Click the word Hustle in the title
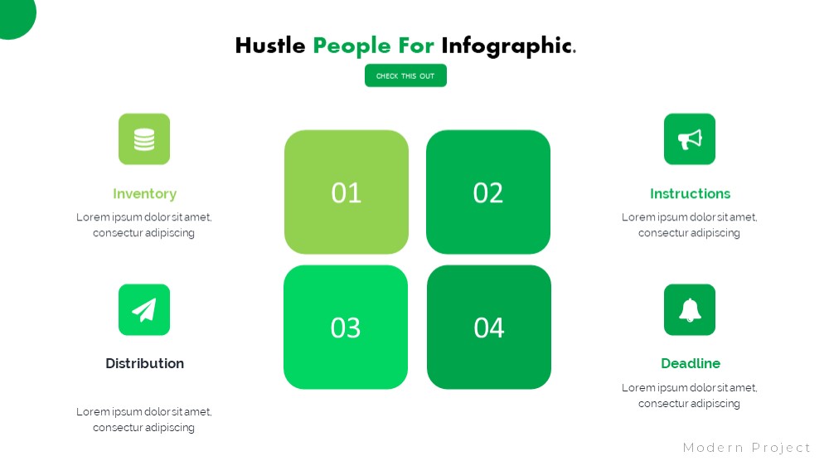coord(270,46)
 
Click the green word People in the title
coord(351,46)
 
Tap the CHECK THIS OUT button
coord(405,75)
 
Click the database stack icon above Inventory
coord(144,139)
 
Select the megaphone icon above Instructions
coord(690,139)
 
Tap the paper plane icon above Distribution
coord(144,309)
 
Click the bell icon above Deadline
coord(690,309)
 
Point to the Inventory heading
coord(144,194)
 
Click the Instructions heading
coord(690,193)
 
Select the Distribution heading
coord(144,363)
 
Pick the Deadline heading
coord(691,363)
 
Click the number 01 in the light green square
coord(347,192)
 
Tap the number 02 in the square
coord(488,192)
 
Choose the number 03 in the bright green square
coord(346,328)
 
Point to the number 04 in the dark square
coord(489,328)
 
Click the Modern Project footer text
coord(747,448)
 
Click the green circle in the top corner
coord(15,16)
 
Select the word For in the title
coord(416,46)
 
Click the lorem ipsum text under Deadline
coord(690,396)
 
